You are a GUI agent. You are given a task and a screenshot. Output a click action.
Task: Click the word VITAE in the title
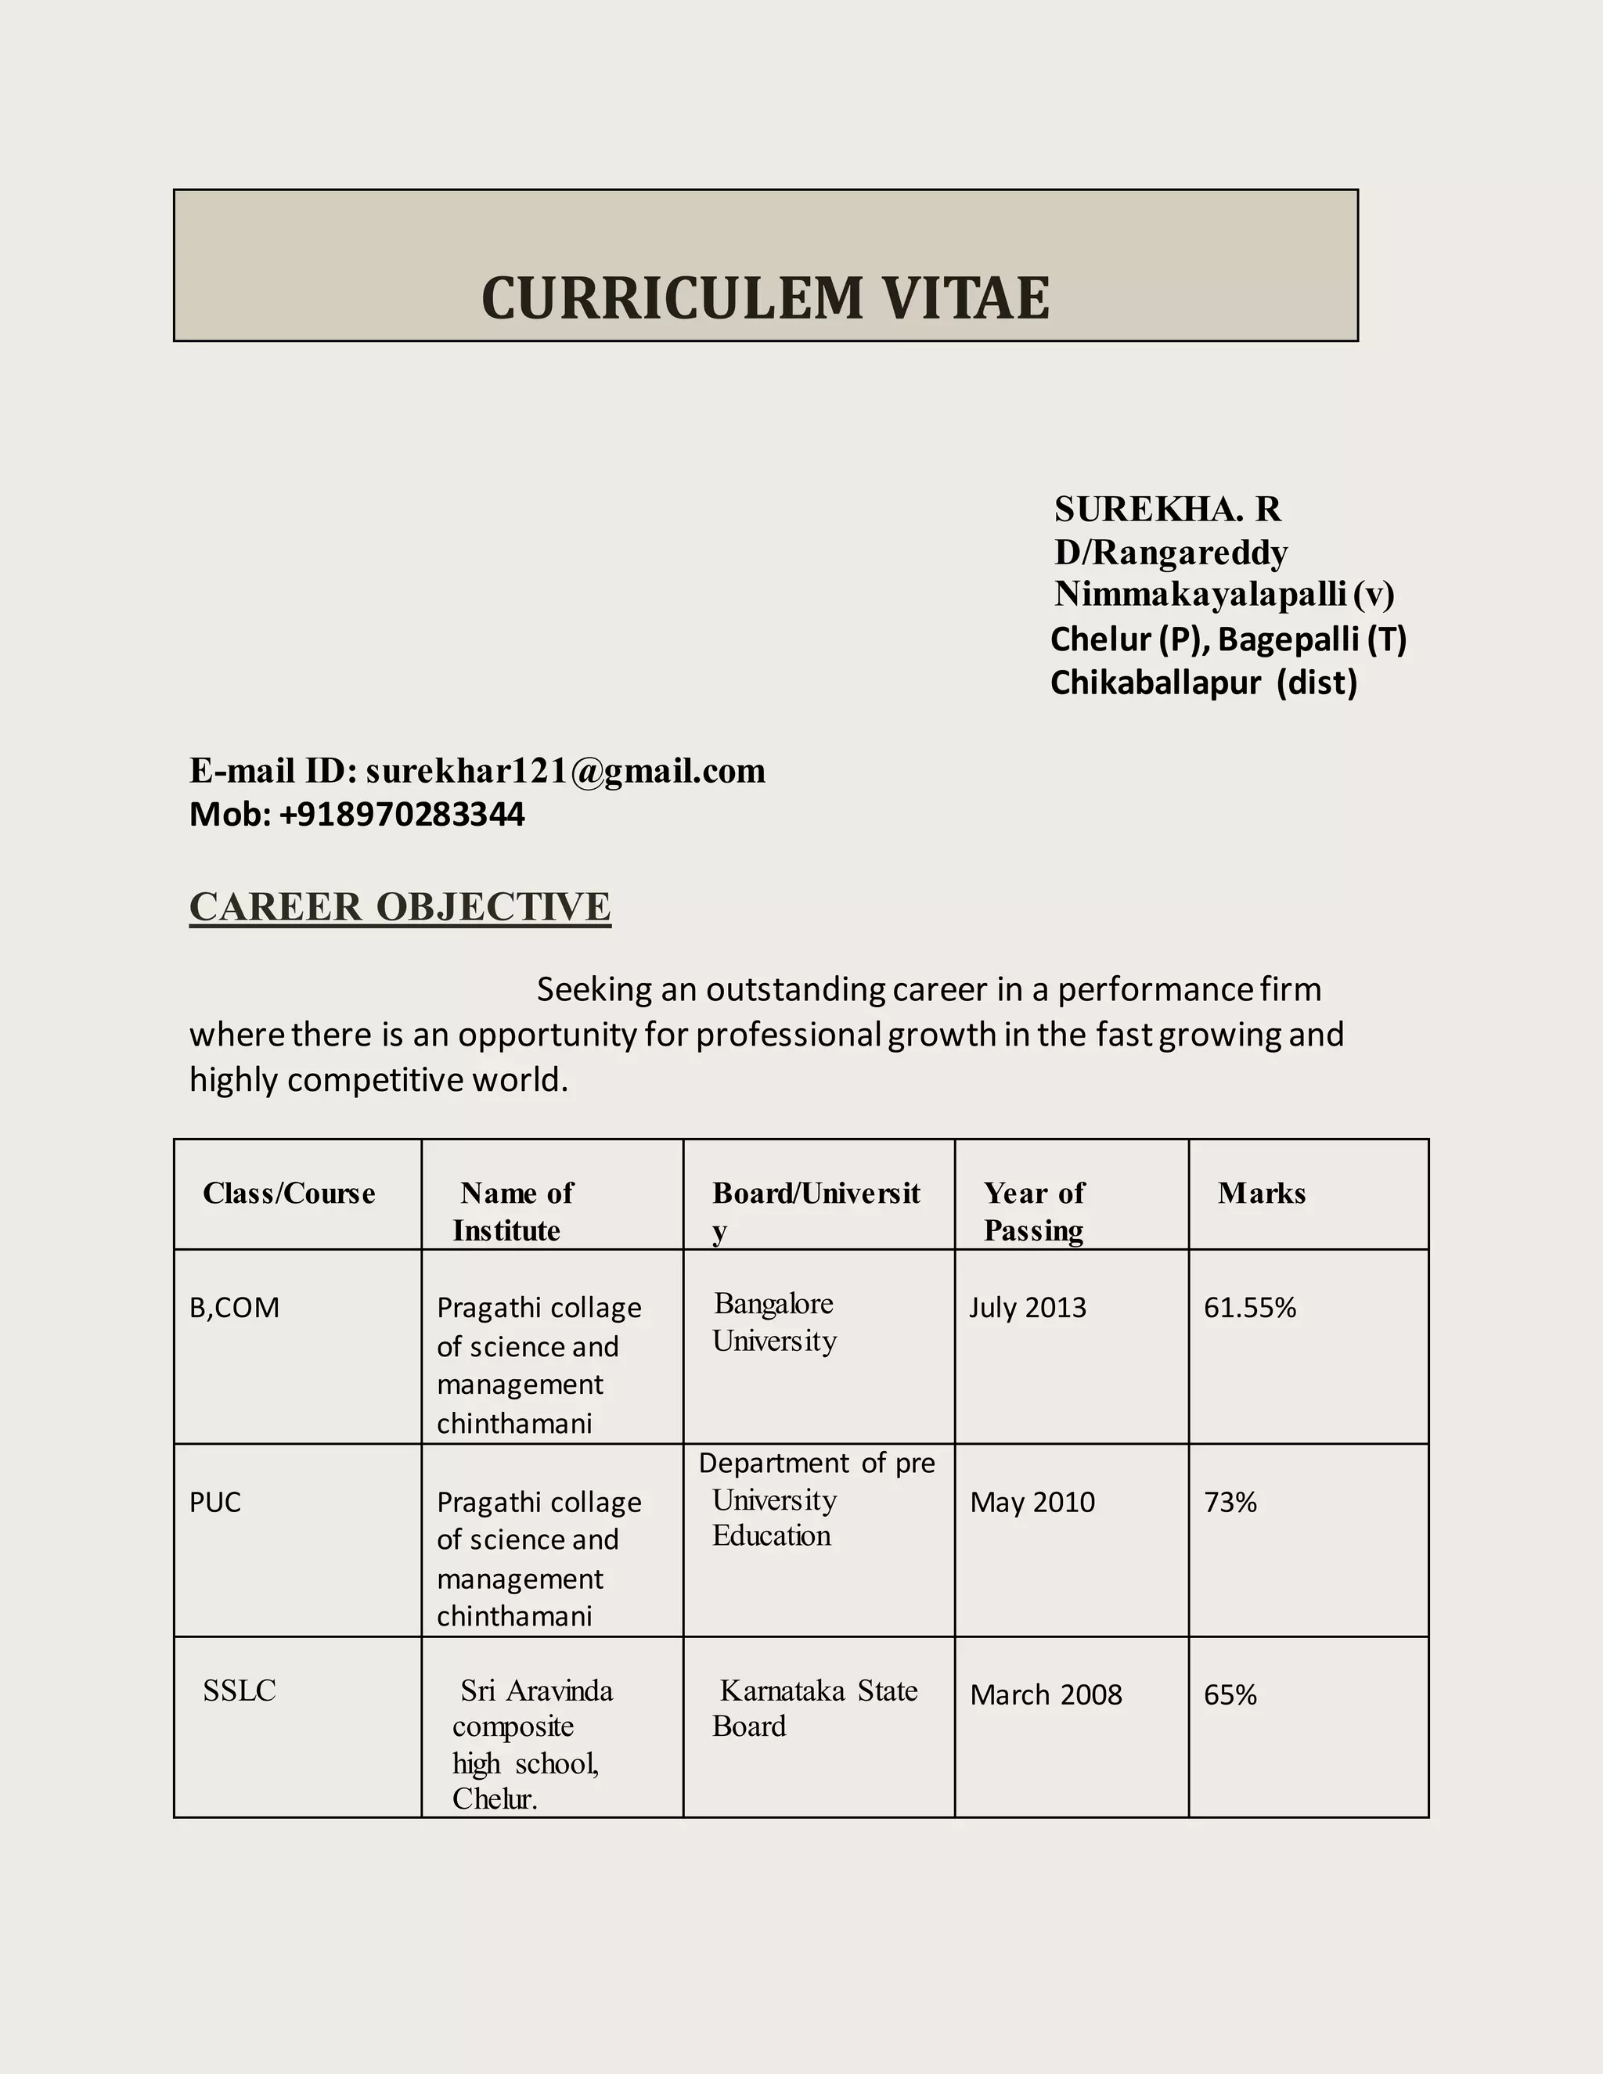tap(966, 298)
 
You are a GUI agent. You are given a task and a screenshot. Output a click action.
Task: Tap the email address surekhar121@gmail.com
tap(565, 771)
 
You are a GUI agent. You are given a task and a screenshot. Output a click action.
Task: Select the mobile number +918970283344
tap(402, 815)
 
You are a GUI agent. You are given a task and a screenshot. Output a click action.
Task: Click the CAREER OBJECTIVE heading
tap(400, 907)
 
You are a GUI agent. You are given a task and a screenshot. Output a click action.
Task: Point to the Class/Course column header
tap(289, 1194)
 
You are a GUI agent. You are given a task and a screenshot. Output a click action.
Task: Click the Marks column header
tap(1261, 1194)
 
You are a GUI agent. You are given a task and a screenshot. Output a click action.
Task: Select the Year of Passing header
tap(1033, 1212)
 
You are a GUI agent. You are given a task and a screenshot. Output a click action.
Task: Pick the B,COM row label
tap(235, 1309)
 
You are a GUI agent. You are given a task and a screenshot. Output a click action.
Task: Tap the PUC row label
tap(215, 1503)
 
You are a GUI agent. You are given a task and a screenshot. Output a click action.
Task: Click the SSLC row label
tap(240, 1691)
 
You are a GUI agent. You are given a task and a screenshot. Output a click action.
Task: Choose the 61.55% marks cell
tap(1250, 1309)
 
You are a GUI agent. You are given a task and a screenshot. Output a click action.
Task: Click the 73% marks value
tap(1230, 1503)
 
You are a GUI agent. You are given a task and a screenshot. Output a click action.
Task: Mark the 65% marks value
tap(1230, 1695)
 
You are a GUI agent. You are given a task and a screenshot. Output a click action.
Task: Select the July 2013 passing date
tap(1028, 1309)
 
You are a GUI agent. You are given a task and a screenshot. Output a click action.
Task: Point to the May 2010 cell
tap(1032, 1503)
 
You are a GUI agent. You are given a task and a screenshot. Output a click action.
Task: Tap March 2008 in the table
tap(1046, 1695)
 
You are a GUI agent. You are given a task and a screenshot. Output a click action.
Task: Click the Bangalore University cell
tap(774, 1323)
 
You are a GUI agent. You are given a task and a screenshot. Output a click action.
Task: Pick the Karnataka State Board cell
tap(815, 1709)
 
